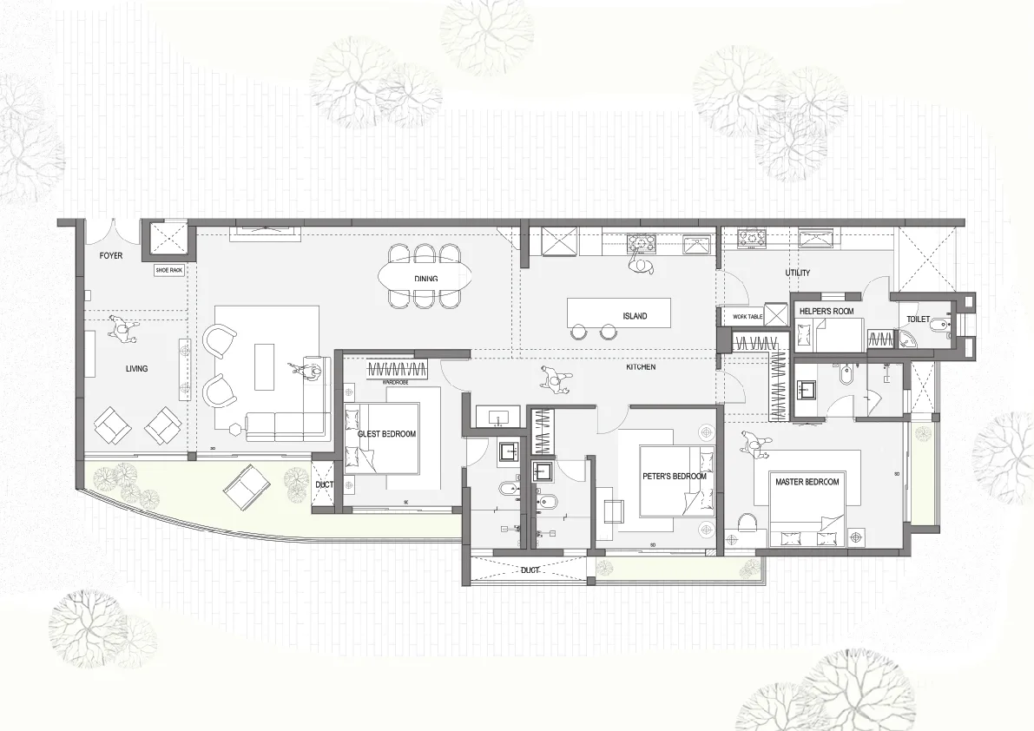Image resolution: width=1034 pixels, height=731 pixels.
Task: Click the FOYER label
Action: tap(111, 256)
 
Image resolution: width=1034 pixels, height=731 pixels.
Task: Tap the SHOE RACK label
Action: tap(169, 271)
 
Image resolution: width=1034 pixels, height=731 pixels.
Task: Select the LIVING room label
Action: tap(136, 369)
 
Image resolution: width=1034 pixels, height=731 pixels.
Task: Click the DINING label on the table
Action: tap(425, 279)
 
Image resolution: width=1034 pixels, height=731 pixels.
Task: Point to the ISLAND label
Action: tap(635, 316)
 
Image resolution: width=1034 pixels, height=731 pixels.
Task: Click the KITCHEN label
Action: tap(641, 368)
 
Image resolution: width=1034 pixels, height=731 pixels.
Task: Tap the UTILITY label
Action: tap(797, 273)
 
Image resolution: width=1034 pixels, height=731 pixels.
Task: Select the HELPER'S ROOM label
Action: tap(826, 311)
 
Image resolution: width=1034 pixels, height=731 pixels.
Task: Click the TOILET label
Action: tap(919, 319)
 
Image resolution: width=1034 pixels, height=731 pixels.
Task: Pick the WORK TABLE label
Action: tap(748, 317)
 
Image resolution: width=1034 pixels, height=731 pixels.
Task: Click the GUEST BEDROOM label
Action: tap(387, 434)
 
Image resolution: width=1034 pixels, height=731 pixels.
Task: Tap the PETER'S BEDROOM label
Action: tap(675, 477)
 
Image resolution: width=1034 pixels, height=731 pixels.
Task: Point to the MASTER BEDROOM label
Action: tap(807, 482)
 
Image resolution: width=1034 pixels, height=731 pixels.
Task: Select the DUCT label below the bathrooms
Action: tap(530, 570)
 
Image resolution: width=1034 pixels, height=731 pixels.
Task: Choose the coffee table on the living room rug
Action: tap(264, 366)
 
